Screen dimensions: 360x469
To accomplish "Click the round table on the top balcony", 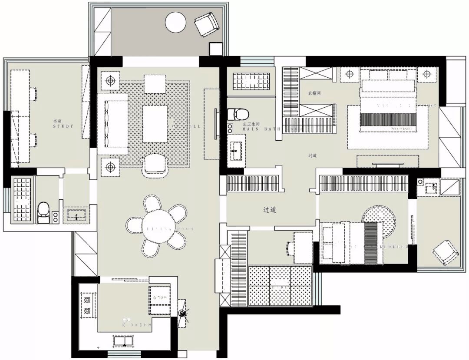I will coord(175,22).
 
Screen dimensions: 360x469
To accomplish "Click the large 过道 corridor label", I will coord(270,209).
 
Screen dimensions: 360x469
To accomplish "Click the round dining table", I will coord(156,225).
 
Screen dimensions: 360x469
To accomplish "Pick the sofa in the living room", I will coord(112,124).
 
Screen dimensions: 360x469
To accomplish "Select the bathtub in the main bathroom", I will coord(251,81).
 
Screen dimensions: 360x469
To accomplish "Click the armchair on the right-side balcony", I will coord(446,252).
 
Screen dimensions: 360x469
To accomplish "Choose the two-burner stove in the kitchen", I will coord(87,304).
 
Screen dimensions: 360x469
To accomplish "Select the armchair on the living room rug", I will coord(155,165).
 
